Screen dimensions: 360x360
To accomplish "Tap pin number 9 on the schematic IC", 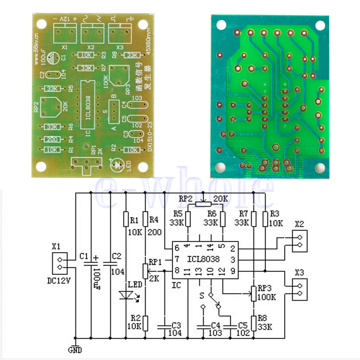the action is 233,271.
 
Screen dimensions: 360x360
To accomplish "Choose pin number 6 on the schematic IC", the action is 177,248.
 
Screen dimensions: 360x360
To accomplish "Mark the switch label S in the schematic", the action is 202,296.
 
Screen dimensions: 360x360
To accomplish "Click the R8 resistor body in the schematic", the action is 254,323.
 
